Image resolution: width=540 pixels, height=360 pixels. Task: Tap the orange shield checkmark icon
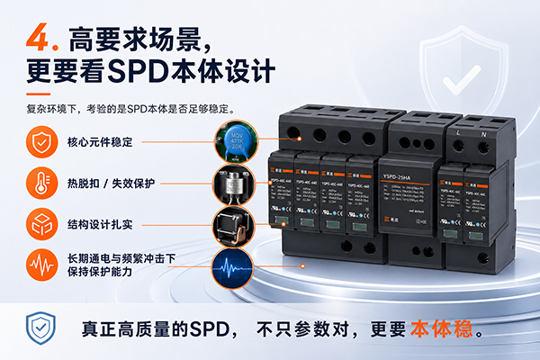(x=40, y=141)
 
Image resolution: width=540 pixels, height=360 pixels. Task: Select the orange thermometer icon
(x=40, y=182)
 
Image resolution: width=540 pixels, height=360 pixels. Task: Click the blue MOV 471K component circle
(x=232, y=141)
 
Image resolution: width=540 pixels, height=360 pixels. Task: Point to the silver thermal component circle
(x=232, y=183)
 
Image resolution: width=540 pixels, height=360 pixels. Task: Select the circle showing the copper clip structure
(x=232, y=224)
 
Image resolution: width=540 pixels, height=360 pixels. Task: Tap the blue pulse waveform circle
(x=232, y=265)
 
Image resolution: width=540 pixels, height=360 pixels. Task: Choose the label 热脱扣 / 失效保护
(x=111, y=183)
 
